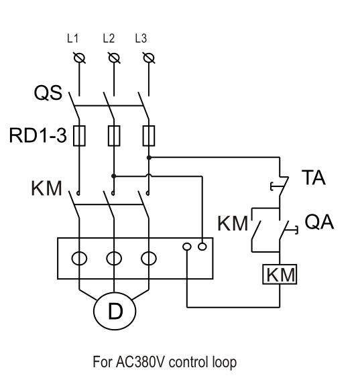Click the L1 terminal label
[x=73, y=39]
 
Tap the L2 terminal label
[x=109, y=39]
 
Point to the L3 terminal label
[x=141, y=39]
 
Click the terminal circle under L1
[x=79, y=58]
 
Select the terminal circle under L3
[x=149, y=58]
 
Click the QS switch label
[x=48, y=92]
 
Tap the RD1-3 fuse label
[x=38, y=135]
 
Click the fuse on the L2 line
[x=114, y=135]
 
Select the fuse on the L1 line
[x=79, y=135]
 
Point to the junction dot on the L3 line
[x=149, y=157]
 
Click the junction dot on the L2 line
[x=113, y=176]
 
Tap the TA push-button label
[x=314, y=178]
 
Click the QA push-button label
[x=319, y=222]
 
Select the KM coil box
[x=280, y=274]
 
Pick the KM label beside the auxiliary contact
[x=233, y=223]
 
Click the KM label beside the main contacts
[x=46, y=188]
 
